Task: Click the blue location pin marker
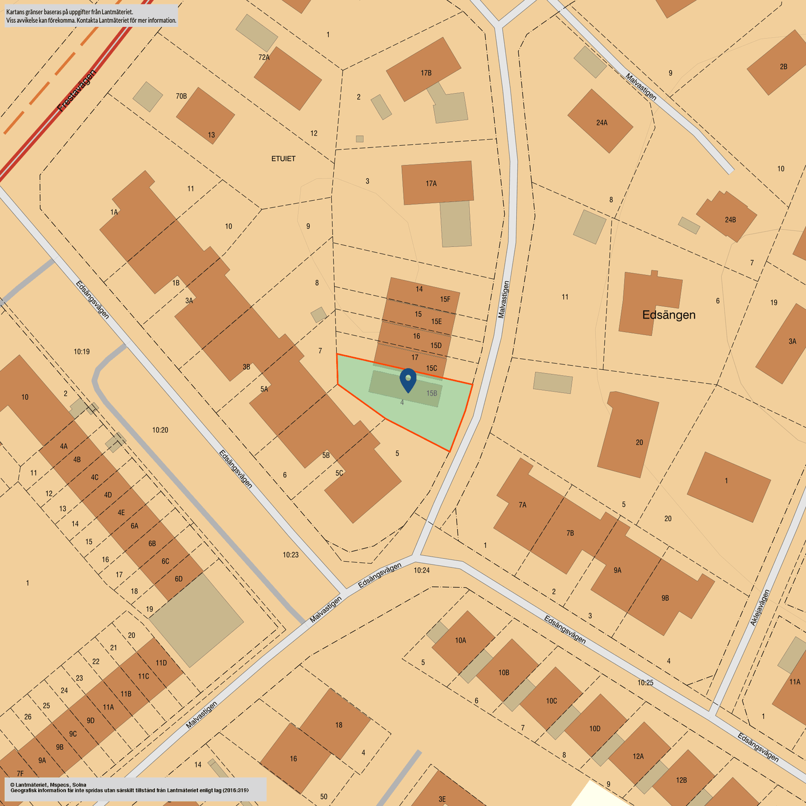408,380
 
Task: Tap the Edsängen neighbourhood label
668,315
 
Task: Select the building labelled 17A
437,183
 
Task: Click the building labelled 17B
423,69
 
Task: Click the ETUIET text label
283,159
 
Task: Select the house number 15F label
445,299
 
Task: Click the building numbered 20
629,435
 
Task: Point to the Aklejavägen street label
760,608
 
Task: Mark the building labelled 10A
462,641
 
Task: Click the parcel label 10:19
82,351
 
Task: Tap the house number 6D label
179,579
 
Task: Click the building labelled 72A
288,78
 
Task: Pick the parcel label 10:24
422,570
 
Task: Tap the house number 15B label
432,393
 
